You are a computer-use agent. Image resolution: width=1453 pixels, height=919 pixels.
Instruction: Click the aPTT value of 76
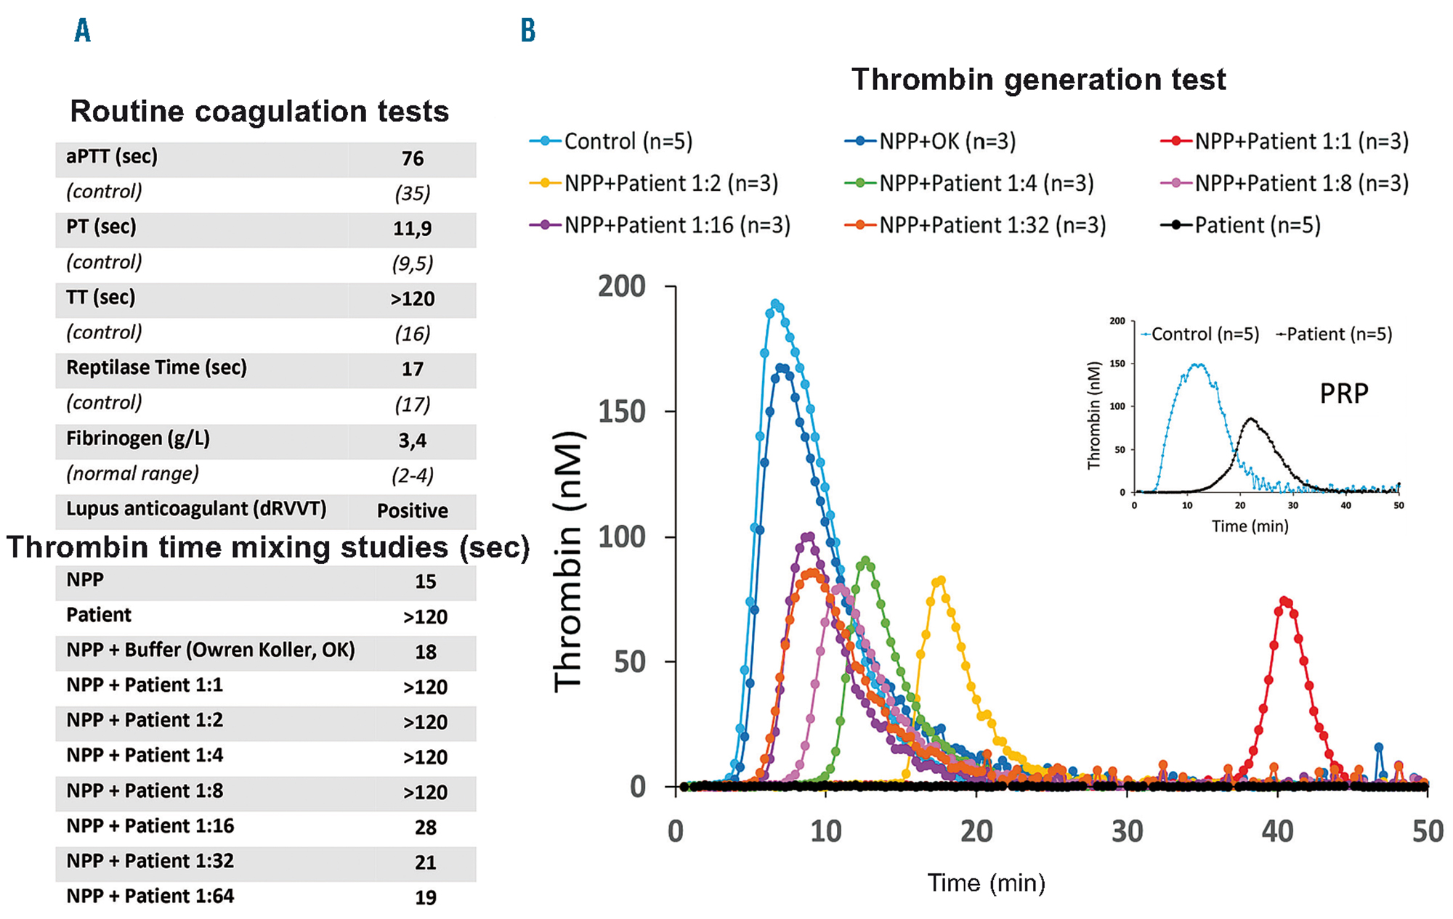[412, 158]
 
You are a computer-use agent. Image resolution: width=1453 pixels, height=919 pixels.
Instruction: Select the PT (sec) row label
[101, 227]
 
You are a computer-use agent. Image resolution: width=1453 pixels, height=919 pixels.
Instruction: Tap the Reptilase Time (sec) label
[156, 368]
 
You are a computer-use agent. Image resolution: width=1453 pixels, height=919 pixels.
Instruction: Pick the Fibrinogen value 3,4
[412, 440]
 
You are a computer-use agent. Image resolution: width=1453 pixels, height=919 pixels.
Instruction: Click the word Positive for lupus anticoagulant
[412, 510]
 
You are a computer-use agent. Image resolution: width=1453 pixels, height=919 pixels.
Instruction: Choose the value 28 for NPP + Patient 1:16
[425, 828]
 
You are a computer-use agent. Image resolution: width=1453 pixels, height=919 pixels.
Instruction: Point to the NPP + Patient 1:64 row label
[150, 896]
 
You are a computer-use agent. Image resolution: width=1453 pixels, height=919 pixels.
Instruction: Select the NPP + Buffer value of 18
[425, 652]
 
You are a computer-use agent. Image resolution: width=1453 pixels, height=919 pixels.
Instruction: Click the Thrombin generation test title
[1038, 79]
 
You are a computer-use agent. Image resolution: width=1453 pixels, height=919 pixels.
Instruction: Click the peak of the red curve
[1284, 601]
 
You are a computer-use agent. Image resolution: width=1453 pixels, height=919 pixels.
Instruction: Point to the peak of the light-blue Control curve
[775, 304]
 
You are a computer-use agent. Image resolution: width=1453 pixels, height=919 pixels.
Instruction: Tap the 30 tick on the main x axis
[1127, 831]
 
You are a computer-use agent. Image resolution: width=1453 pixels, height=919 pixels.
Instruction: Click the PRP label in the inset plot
[1343, 393]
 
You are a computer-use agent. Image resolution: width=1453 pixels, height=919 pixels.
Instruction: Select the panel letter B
[528, 30]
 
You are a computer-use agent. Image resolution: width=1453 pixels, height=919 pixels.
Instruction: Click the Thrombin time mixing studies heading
[268, 547]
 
